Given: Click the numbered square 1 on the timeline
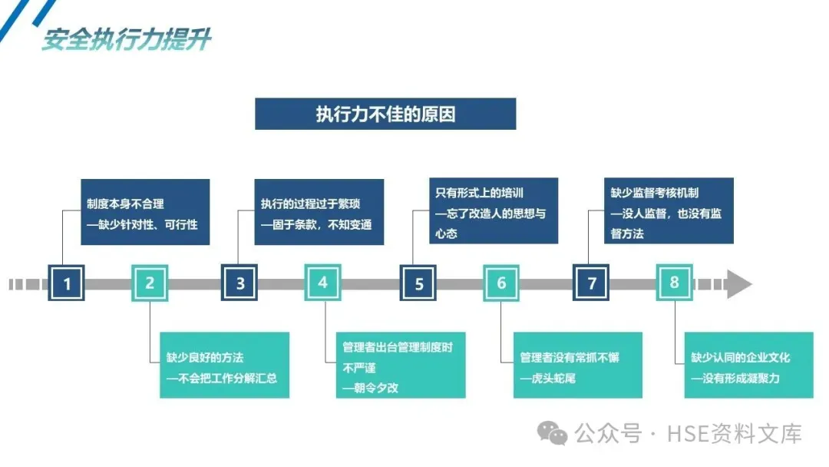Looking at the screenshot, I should click(x=67, y=283).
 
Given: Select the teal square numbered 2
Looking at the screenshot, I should click(x=150, y=283).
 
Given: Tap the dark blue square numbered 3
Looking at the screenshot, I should click(x=240, y=283).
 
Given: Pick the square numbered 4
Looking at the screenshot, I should click(x=322, y=283).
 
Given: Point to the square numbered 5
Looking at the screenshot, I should click(x=418, y=283).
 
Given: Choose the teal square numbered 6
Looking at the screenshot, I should click(x=501, y=283).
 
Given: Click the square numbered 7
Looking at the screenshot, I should click(x=591, y=283).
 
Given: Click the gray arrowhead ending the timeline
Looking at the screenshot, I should click(x=739, y=283).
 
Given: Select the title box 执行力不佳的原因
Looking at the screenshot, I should click(x=385, y=114).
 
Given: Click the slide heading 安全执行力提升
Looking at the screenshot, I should click(x=126, y=39).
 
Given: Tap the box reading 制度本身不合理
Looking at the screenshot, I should click(x=145, y=212).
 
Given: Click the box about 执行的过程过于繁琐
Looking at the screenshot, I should click(x=319, y=212).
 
